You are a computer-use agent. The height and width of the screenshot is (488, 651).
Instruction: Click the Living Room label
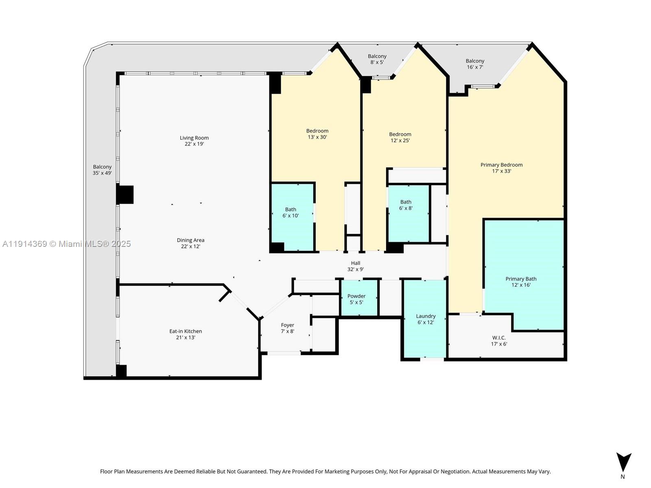pyautogui.click(x=194, y=141)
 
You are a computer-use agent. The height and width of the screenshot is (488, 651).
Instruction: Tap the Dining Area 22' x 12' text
pyautogui.click(x=190, y=243)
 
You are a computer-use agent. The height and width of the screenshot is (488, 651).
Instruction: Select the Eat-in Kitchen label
pyautogui.click(x=186, y=334)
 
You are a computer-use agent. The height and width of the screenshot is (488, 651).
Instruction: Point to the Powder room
pyautogui.click(x=356, y=299)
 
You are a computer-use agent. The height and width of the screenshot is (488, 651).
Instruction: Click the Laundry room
pyautogui.click(x=426, y=319)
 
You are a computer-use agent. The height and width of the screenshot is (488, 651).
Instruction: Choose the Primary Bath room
pyautogui.click(x=521, y=282)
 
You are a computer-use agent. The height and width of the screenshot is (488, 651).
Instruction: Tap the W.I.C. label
pyautogui.click(x=499, y=341)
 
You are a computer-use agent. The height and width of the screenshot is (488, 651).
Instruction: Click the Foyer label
pyautogui.click(x=287, y=328)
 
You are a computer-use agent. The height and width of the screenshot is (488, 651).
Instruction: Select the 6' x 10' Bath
pyautogui.click(x=291, y=213)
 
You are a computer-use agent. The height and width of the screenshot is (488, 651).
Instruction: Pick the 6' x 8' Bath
pyautogui.click(x=406, y=205)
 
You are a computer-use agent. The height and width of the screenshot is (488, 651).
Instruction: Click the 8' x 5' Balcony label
pyautogui.click(x=377, y=59)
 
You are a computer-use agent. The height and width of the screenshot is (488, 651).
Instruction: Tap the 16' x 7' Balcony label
pyautogui.click(x=475, y=64)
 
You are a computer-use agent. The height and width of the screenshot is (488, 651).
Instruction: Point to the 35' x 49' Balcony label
pyautogui.click(x=102, y=170)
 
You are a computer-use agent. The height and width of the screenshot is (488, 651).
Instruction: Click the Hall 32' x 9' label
pyautogui.click(x=355, y=266)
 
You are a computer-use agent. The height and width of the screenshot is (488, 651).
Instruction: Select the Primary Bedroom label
pyautogui.click(x=501, y=168)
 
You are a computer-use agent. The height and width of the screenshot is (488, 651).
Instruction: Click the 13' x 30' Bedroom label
pyautogui.click(x=317, y=134)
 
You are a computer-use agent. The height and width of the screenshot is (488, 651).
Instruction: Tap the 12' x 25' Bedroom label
pyautogui.click(x=400, y=137)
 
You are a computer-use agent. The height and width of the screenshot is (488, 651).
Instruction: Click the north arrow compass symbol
pyautogui.click(x=623, y=463)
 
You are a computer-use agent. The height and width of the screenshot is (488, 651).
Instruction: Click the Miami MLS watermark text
pyautogui.click(x=66, y=244)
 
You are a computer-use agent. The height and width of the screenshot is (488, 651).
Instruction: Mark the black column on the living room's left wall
pyautogui.click(x=125, y=194)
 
